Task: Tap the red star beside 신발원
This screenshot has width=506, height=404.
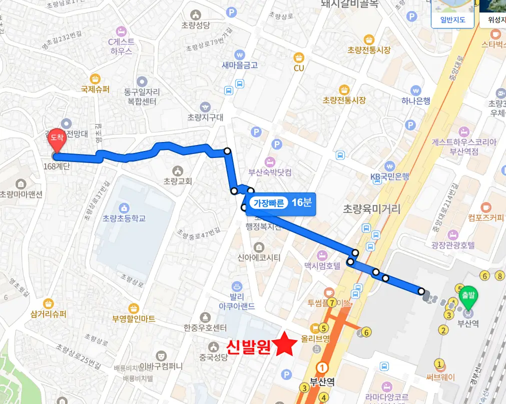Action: tap(287, 344)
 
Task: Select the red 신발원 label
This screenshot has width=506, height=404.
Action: tap(248, 347)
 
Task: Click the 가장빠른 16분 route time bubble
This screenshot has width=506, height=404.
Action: tap(281, 203)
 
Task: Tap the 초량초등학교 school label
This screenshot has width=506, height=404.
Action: tap(124, 218)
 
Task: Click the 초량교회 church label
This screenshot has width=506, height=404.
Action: tap(178, 181)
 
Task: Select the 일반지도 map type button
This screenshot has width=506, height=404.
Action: tap(452, 20)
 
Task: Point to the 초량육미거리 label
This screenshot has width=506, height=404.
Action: tap(372, 209)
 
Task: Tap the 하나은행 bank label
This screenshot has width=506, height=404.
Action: tap(415, 101)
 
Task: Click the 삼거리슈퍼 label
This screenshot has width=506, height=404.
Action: tap(49, 314)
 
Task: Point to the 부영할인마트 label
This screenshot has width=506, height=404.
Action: tap(134, 318)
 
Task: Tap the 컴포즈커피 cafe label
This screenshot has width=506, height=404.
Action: tap(486, 217)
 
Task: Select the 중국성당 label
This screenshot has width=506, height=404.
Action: tap(213, 357)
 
